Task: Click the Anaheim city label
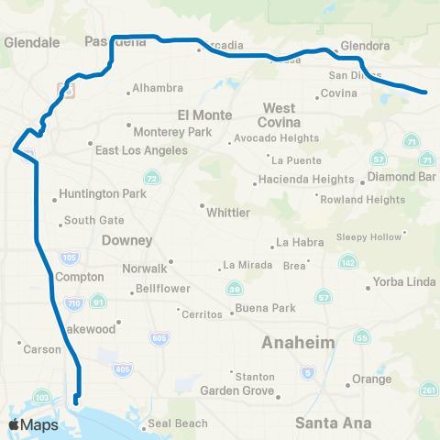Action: click(x=299, y=342)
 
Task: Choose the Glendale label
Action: click(x=32, y=42)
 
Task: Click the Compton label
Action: click(x=80, y=277)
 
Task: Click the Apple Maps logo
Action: click(x=33, y=424)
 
